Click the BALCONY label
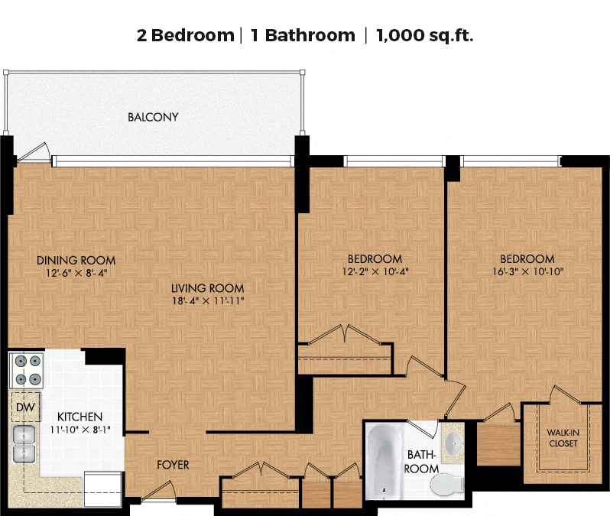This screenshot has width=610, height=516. click(153, 117)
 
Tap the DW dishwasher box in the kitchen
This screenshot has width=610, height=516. click(26, 407)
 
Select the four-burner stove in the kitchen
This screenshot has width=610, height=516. click(27, 371)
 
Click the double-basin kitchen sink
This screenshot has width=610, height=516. click(24, 443)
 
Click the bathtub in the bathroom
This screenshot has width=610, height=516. click(384, 461)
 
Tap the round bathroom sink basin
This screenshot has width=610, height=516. click(453, 443)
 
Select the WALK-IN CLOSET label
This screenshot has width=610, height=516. click(563, 438)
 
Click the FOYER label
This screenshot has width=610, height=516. click(173, 465)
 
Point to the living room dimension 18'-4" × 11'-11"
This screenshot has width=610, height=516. click(208, 300)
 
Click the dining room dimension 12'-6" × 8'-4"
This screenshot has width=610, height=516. click(76, 273)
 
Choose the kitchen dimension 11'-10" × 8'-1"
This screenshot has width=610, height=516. click(80, 430)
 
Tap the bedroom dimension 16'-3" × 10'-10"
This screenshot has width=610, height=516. click(527, 271)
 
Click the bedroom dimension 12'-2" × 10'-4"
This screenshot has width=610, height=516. click(375, 271)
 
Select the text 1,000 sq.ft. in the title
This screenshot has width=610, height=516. click(425, 35)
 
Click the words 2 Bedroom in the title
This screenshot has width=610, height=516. click(186, 35)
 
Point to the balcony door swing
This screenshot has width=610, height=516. click(34, 153)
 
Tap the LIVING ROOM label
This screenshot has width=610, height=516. click(207, 288)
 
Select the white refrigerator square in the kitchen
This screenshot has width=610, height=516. click(103, 489)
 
